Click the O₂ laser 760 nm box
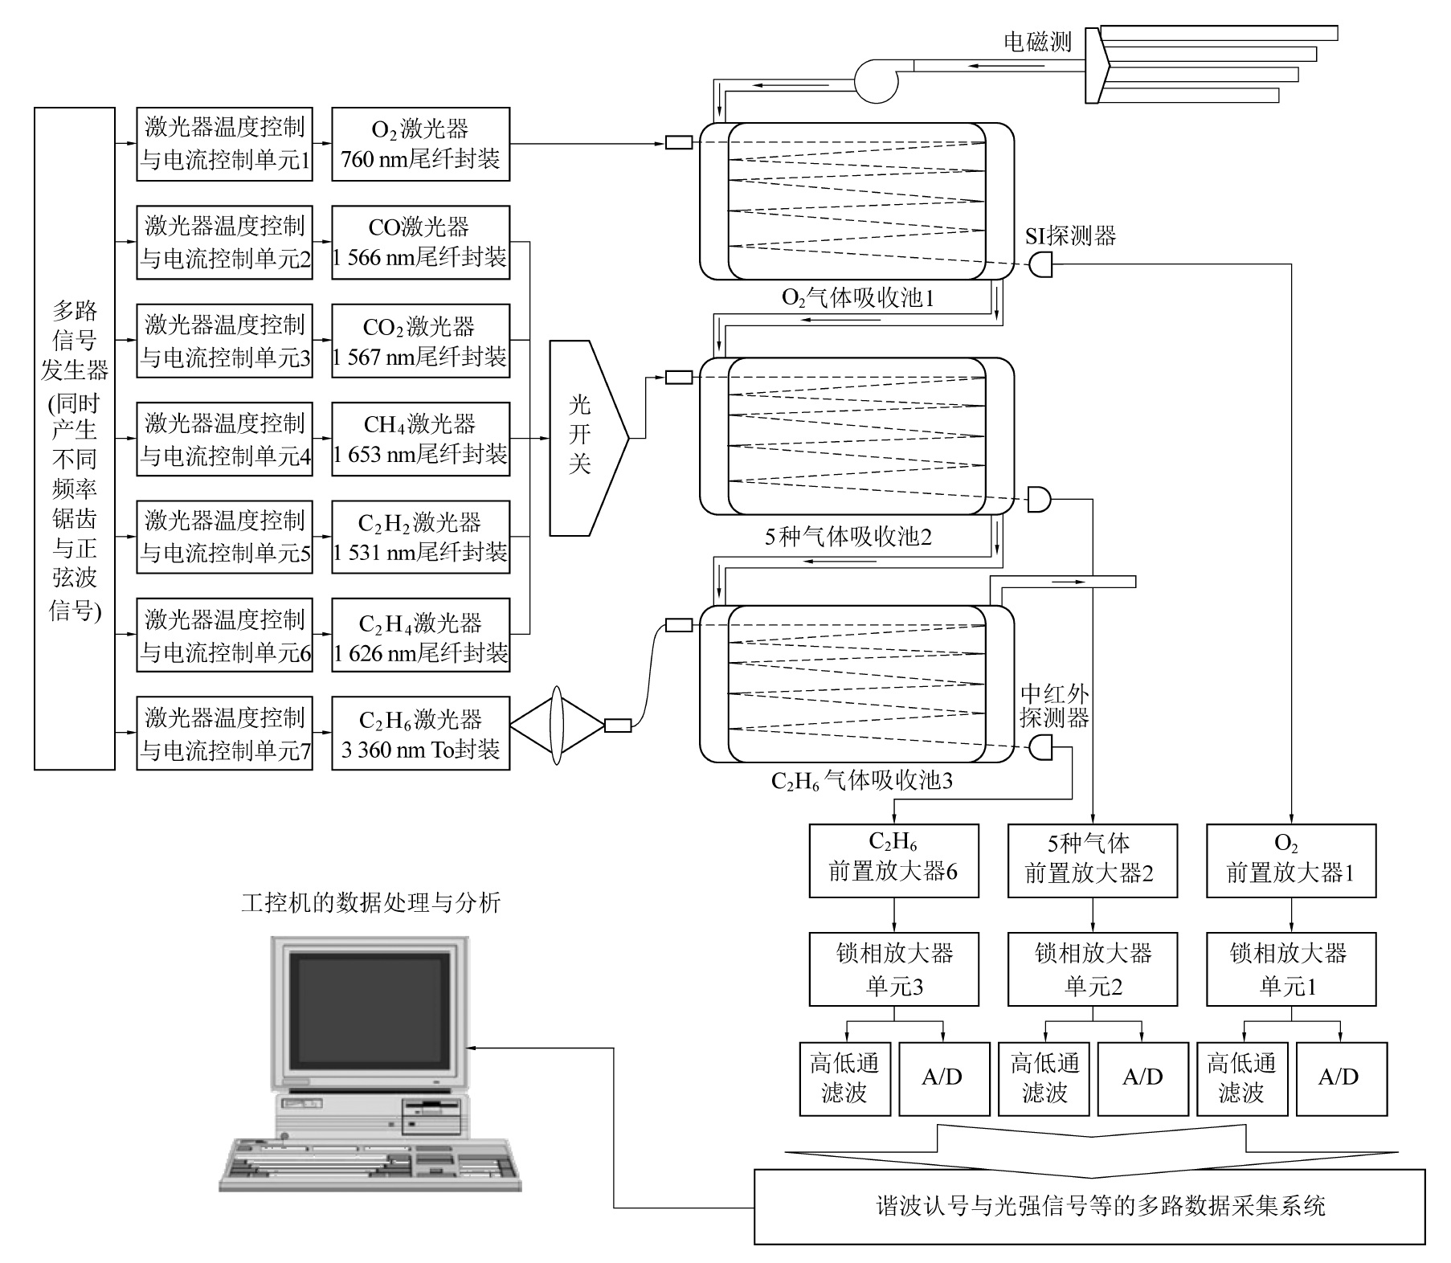(420, 145)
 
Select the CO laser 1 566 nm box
(420, 243)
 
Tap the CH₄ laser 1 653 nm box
(420, 439)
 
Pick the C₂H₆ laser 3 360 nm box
(420, 733)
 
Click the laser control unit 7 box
(224, 733)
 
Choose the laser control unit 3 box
(224, 341)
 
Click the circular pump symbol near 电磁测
(875, 81)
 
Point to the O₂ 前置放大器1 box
(1291, 860)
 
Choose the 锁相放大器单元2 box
(1093, 969)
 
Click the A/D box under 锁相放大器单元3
(944, 1078)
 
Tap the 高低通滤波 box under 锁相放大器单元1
(1242, 1078)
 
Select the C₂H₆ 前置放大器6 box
(893, 860)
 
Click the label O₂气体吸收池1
(858, 299)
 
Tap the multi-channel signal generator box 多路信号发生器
(75, 439)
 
